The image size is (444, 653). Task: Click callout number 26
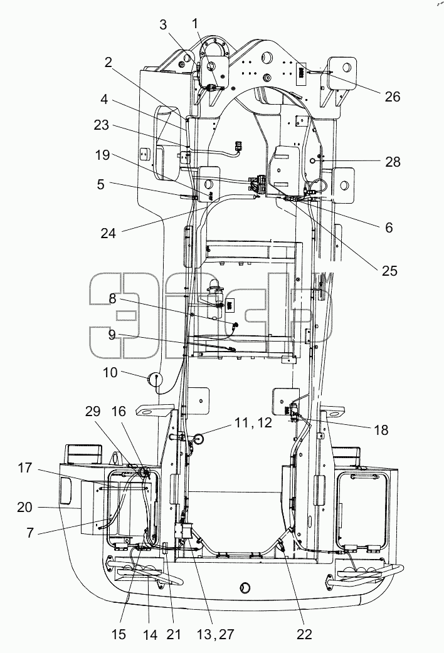[x=393, y=97]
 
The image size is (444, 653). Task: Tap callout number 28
[x=393, y=162]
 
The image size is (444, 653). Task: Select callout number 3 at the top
[x=162, y=25]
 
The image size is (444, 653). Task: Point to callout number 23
[x=102, y=125]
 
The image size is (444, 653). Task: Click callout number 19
[x=102, y=155]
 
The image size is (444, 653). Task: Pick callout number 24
[x=108, y=233]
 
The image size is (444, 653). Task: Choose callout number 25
[x=390, y=271]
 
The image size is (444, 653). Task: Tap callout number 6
[x=389, y=227]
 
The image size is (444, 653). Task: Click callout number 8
[x=112, y=298]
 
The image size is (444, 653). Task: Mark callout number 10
[x=110, y=372]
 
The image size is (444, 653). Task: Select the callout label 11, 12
[x=253, y=423]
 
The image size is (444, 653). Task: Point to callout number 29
[x=93, y=412]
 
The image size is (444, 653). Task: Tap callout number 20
[x=24, y=507]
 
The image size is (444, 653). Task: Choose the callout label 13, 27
[x=215, y=634]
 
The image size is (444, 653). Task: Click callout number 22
[x=304, y=634]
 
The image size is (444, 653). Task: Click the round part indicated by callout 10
[x=154, y=379]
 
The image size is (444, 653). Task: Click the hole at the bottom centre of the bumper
[x=245, y=588]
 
